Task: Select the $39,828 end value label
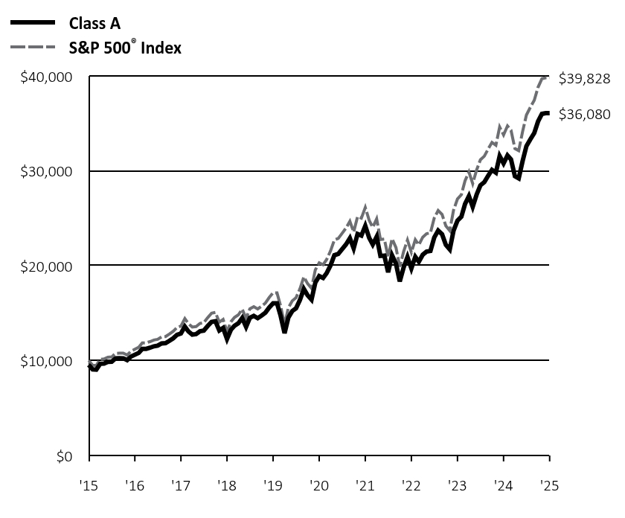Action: (584, 78)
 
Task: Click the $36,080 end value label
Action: (584, 115)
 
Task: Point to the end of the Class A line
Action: (548, 113)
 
